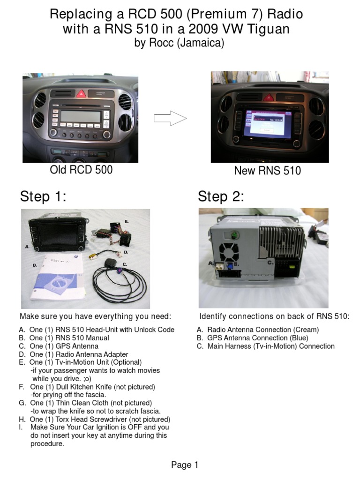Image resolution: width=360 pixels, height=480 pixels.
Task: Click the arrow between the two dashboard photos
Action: [170, 119]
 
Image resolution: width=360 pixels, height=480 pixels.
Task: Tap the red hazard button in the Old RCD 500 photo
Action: [81, 94]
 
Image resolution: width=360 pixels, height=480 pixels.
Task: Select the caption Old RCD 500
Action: [81, 170]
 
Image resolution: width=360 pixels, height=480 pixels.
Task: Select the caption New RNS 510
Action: [267, 171]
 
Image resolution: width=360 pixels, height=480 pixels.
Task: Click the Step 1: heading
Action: [43, 196]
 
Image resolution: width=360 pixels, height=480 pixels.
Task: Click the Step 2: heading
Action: [221, 196]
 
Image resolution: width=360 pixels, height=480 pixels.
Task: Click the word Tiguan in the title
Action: [270, 30]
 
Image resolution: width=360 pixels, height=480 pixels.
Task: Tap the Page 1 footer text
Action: [185, 465]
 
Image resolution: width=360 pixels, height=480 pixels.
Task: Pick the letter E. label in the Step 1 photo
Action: [127, 221]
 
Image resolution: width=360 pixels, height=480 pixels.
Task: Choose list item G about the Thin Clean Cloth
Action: [90, 403]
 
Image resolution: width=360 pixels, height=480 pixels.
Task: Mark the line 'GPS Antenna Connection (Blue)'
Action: [258, 338]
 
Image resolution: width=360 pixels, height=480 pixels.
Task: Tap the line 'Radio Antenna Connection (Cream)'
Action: [262, 330]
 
